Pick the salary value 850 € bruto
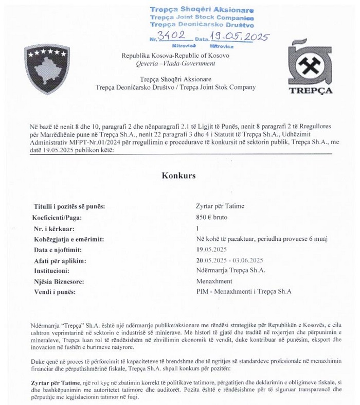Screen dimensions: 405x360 point(212,217)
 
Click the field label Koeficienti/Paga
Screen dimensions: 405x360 point(64,217)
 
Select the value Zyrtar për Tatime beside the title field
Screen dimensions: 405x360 point(221,206)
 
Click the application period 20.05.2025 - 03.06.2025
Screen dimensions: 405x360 point(230,260)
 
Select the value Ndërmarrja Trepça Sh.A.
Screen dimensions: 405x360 point(230,271)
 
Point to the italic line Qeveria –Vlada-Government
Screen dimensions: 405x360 point(175,63)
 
